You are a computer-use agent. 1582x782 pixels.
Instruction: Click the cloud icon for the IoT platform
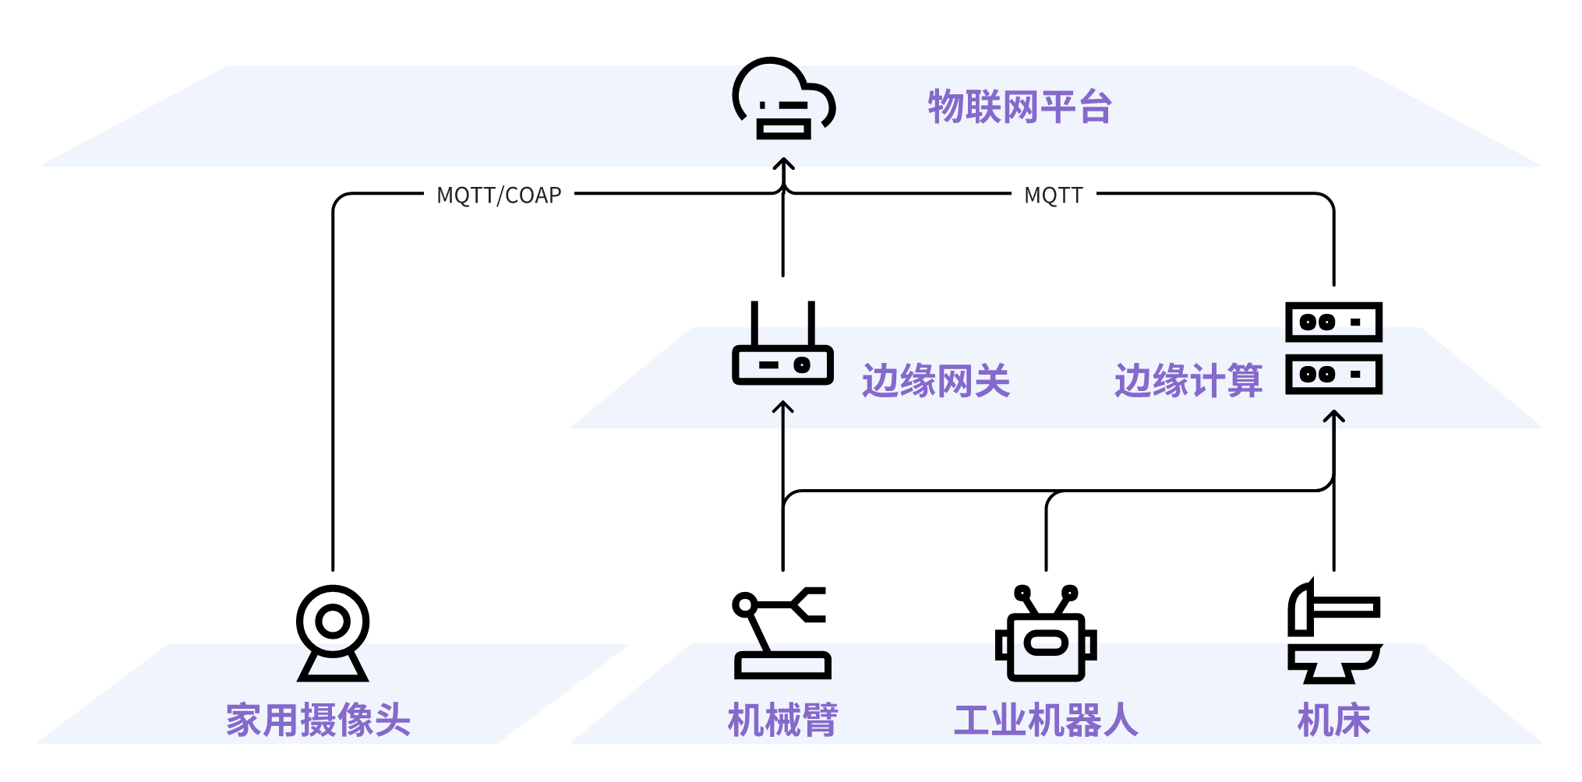coord(783,99)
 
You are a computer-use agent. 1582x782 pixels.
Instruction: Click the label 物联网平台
coord(1019,107)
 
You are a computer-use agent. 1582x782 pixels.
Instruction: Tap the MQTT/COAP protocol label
coord(499,195)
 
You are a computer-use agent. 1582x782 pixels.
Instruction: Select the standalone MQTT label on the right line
coord(1054,195)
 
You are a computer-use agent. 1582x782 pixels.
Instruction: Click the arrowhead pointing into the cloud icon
coord(783,164)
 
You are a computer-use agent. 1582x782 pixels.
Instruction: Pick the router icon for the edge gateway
coord(782,347)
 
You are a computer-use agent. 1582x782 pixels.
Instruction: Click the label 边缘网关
coord(935,381)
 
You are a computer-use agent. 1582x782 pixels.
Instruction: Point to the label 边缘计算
coord(1188,381)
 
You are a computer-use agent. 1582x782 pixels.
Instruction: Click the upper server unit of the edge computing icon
coord(1333,322)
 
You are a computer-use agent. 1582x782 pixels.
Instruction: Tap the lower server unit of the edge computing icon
coord(1333,374)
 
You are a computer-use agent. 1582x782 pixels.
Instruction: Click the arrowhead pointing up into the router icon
coord(782,407)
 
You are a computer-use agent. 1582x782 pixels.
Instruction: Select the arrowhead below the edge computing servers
coord(1334,416)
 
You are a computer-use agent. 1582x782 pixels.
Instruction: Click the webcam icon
coord(333,632)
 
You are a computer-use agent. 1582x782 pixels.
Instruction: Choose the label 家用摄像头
coord(318,720)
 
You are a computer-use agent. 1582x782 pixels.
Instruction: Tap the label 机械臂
coord(782,720)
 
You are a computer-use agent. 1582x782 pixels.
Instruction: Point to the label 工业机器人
coord(1046,720)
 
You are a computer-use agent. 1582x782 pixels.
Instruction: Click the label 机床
coord(1333,720)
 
